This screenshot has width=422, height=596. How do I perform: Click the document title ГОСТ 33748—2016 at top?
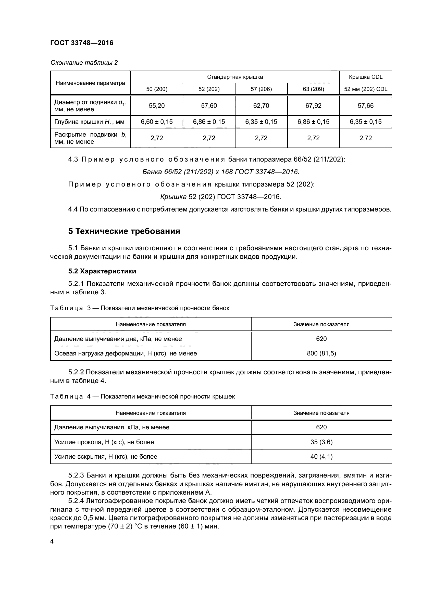82,43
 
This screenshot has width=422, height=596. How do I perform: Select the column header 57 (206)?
261,89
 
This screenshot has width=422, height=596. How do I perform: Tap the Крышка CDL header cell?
366,77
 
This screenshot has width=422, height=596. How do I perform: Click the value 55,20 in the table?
157,106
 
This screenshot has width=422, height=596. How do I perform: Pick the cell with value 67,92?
313,106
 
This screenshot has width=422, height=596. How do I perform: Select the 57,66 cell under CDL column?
366,106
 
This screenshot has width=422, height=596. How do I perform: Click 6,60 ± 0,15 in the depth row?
157,122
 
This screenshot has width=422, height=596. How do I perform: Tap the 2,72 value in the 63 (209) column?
313,138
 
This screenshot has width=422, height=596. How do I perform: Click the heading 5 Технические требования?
124,231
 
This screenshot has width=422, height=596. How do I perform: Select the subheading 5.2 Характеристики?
102,271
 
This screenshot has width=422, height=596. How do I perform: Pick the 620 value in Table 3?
321,339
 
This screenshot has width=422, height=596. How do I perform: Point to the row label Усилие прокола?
104,442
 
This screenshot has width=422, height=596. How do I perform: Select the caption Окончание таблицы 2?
84,63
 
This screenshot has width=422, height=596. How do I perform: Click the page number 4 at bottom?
52,541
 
